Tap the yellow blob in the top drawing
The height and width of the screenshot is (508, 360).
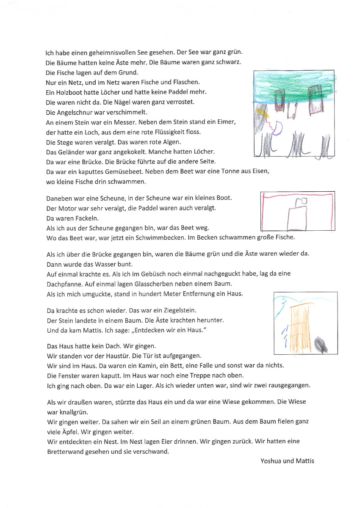tap(261, 112)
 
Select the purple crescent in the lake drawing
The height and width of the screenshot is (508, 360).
tap(277, 128)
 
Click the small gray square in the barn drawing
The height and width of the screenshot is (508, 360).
tap(301, 201)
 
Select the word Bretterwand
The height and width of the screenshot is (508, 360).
tap(64, 451)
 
